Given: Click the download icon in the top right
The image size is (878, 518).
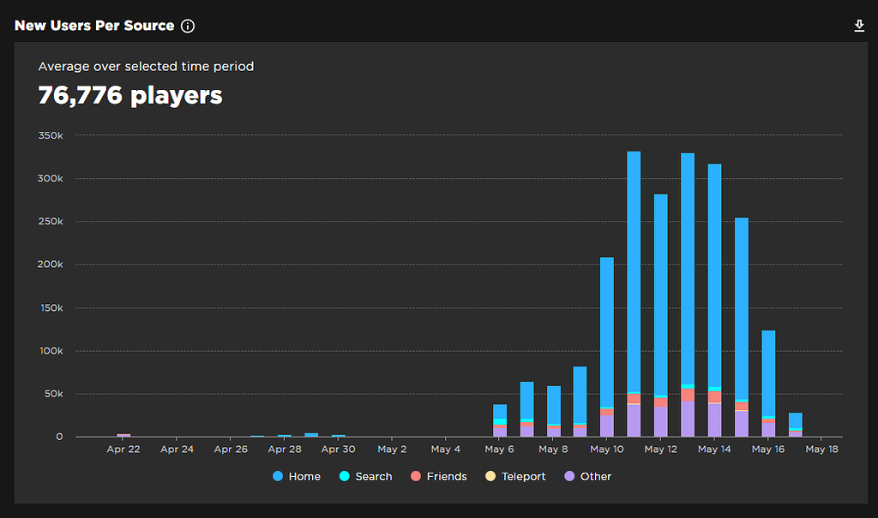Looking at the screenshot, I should click(859, 26).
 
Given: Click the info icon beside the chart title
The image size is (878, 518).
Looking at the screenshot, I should click(188, 26).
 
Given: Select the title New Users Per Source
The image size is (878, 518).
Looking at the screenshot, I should click(94, 26).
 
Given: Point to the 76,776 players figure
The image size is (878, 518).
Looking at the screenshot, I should click(130, 95).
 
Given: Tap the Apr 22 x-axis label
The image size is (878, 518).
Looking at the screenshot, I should click(123, 449).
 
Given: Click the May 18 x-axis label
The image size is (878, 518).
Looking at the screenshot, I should click(821, 449).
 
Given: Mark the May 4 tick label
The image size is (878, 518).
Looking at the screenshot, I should click(446, 449).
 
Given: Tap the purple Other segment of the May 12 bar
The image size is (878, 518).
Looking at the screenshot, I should click(660, 421).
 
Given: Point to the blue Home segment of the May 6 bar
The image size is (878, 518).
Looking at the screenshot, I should click(500, 411).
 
